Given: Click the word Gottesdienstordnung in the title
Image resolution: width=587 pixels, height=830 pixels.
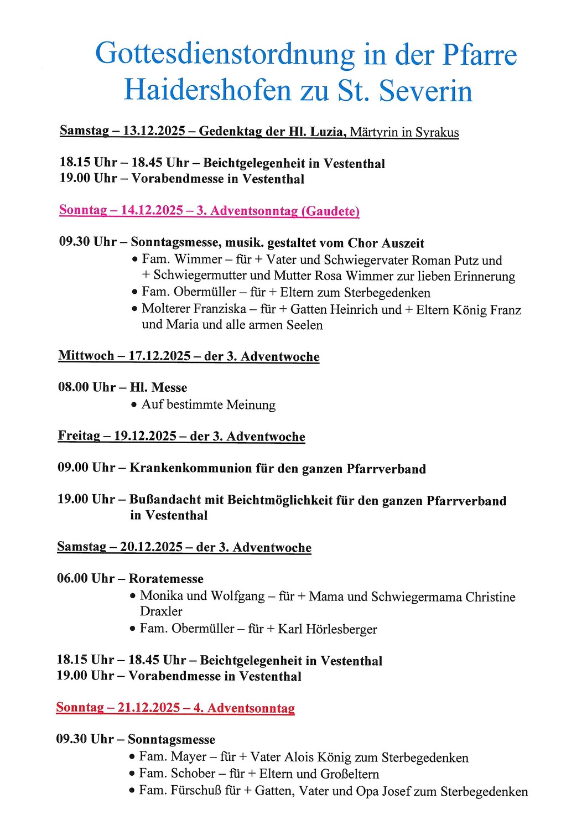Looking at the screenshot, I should [x=225, y=55].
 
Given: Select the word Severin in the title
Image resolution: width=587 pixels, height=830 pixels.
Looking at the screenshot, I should [x=426, y=91].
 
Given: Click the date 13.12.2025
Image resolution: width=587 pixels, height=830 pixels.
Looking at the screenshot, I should [x=154, y=131].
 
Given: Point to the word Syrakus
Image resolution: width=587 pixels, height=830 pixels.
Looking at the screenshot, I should [x=437, y=133].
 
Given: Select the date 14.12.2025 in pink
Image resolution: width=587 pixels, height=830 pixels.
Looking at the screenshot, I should [x=152, y=210].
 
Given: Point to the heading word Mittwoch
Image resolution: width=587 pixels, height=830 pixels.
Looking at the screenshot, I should [x=86, y=356].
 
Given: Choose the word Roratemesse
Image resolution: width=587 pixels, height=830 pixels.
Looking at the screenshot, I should [x=166, y=579].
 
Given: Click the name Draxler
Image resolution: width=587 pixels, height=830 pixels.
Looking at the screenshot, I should [x=161, y=611].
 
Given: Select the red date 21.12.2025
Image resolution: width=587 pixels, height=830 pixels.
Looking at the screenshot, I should [x=149, y=708].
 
